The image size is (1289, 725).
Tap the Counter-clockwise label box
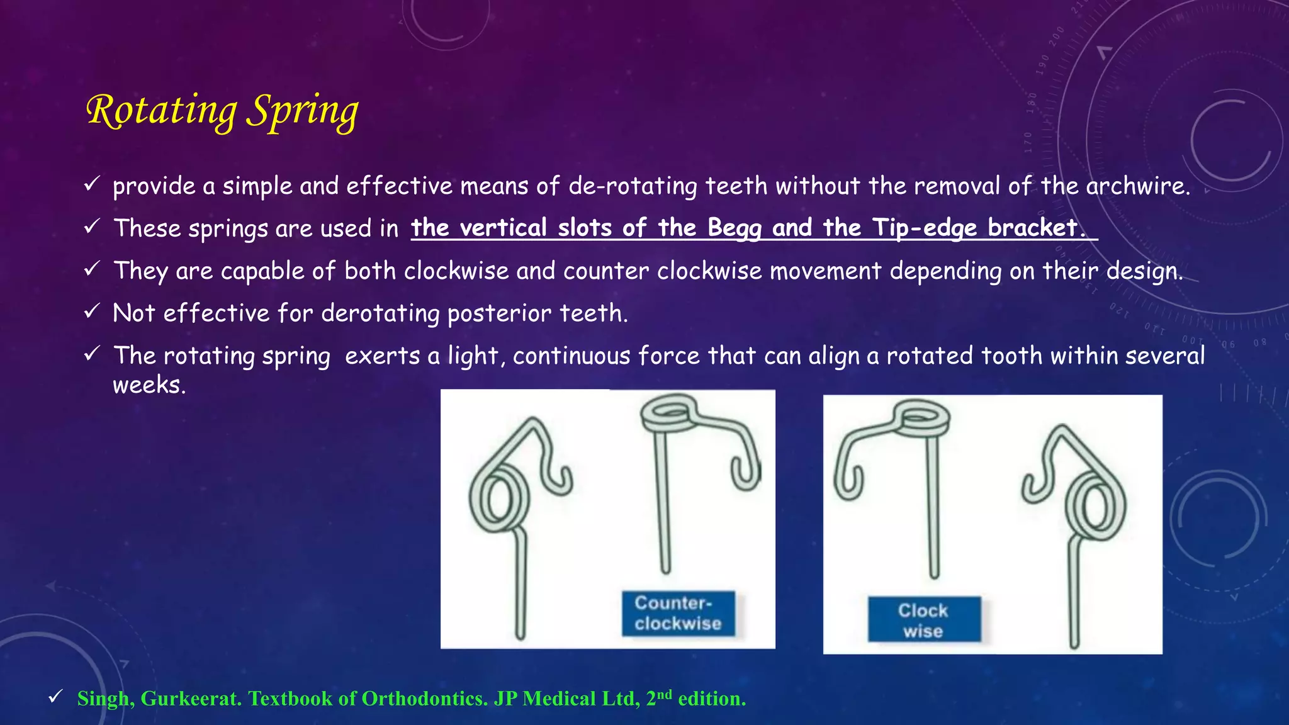(x=678, y=613)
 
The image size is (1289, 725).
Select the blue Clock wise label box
(x=923, y=620)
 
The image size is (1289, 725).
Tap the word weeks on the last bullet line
(x=149, y=385)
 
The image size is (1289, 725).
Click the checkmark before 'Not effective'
(x=92, y=311)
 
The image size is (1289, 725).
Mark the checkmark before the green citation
(x=55, y=696)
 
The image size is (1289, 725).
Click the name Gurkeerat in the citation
(x=191, y=699)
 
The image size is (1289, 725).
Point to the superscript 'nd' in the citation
(x=664, y=694)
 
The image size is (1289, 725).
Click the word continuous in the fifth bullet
(x=571, y=356)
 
